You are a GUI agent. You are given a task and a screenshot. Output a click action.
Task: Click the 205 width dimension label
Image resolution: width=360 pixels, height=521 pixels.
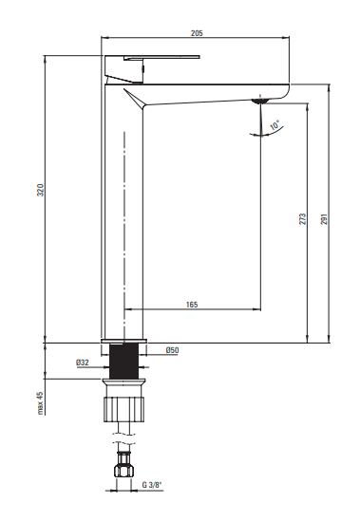pyautogui.click(x=197, y=33)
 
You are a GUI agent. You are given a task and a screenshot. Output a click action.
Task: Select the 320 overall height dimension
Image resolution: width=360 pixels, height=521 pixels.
pyautogui.click(x=40, y=190)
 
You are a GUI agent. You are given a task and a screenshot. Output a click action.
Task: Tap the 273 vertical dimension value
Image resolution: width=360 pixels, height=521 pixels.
pyautogui.click(x=303, y=219)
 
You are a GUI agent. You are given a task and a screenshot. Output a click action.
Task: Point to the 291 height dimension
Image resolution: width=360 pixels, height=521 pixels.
pyautogui.click(x=325, y=219)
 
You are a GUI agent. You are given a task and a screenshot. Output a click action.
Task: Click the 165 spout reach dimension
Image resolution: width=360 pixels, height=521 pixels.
pyautogui.click(x=192, y=305)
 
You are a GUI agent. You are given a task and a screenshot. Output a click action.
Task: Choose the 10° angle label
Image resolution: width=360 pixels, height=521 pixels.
pyautogui.click(x=275, y=125)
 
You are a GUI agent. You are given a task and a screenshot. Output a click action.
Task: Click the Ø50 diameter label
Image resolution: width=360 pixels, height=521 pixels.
pyautogui.click(x=172, y=350)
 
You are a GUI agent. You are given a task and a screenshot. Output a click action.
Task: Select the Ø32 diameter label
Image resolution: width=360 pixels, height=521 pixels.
pyautogui.click(x=83, y=363)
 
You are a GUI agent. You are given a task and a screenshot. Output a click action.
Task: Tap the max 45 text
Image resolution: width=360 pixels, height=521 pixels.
pyautogui.click(x=40, y=403)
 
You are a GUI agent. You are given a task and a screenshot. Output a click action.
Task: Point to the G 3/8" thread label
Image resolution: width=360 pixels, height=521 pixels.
pyautogui.click(x=152, y=485)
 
